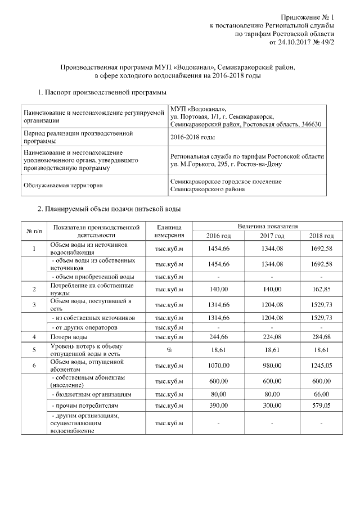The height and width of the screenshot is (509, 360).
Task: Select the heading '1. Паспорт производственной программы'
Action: pos(101,92)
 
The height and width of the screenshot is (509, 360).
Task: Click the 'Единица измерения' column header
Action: pos(169,231)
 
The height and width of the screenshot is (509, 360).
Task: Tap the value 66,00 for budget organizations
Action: pos(322,394)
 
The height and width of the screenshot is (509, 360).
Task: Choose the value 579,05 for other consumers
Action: pos(321,405)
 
